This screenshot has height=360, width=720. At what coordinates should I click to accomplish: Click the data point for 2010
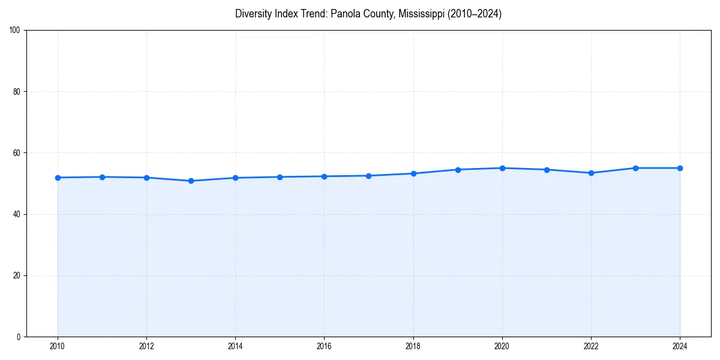pyautogui.click(x=58, y=178)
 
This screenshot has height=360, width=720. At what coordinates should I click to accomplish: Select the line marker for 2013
pyautogui.click(x=191, y=181)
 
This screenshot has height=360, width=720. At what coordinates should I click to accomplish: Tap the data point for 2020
pyautogui.click(x=502, y=168)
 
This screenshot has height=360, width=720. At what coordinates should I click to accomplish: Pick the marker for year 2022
pyautogui.click(x=591, y=173)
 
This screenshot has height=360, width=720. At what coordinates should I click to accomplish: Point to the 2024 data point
pyautogui.click(x=680, y=168)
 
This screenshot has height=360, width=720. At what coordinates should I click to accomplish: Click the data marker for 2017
pyautogui.click(x=368, y=176)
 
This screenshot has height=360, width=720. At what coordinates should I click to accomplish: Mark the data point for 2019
pyautogui.click(x=458, y=170)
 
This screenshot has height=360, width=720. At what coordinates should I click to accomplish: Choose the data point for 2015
pyautogui.click(x=280, y=177)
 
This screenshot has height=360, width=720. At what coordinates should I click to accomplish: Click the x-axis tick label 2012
pyautogui.click(x=146, y=346)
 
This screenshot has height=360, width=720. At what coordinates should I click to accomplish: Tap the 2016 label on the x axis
pyautogui.click(x=324, y=346)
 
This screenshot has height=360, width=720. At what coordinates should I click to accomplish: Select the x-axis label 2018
pyautogui.click(x=413, y=346)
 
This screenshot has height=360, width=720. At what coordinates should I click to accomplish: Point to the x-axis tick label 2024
pyautogui.click(x=680, y=346)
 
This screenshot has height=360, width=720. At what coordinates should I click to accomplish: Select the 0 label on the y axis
pyautogui.click(x=19, y=337)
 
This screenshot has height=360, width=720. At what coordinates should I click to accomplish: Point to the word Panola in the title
pyautogui.click(x=345, y=14)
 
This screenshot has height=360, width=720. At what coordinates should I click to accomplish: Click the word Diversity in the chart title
pyautogui.click(x=253, y=14)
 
